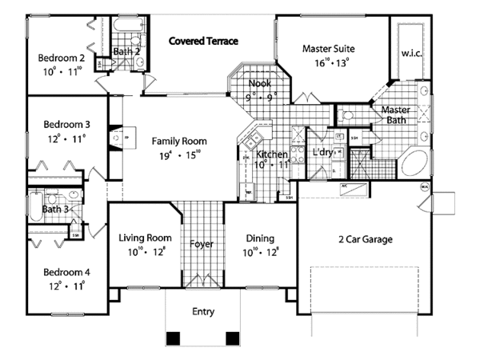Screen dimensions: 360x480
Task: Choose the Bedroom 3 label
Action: (x=66, y=125)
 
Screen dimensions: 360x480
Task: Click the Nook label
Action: (x=258, y=82)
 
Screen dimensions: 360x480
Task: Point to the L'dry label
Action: (x=322, y=152)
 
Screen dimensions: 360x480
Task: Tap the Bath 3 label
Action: (x=54, y=210)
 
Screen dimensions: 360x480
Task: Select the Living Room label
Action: (x=146, y=238)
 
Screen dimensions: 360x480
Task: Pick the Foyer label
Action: (x=201, y=243)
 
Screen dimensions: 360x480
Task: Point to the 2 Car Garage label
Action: (x=361, y=238)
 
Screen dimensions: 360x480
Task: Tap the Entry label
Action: (x=203, y=312)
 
